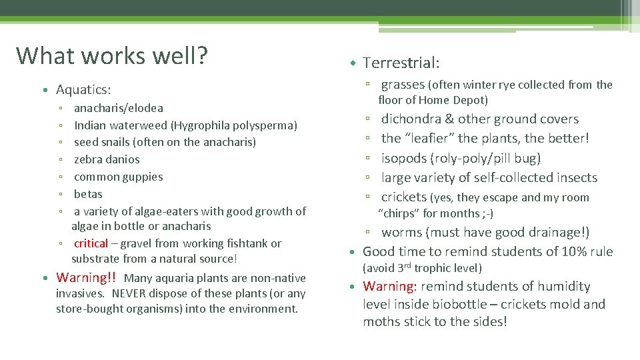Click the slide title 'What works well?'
[x=112, y=55]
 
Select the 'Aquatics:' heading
[x=83, y=89]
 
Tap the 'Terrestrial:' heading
[x=401, y=63]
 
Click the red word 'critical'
[x=91, y=243]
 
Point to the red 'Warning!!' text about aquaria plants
[x=87, y=277]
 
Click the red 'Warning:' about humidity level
[x=390, y=286]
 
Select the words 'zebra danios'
[x=107, y=159]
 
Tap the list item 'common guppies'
[x=118, y=177]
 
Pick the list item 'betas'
[x=88, y=194]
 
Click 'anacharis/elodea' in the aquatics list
[x=118, y=108]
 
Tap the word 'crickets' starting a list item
[x=404, y=197]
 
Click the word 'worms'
[x=402, y=233]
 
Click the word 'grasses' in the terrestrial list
[x=403, y=84]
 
